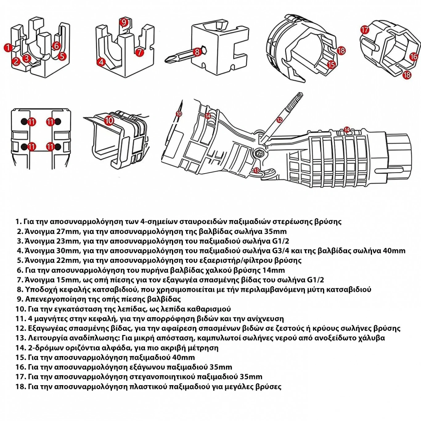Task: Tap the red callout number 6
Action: point(56,46)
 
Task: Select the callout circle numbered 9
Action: point(124,22)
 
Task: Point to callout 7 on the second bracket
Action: point(140,52)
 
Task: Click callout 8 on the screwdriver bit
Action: point(197,51)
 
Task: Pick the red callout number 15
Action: point(331,64)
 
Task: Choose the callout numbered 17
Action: point(365,30)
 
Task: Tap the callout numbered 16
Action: point(413,56)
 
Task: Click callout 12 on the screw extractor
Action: point(279,120)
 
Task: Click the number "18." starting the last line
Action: point(20,386)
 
